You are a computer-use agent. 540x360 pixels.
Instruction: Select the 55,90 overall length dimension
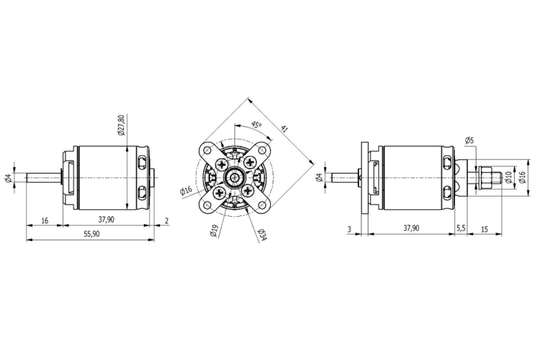91,234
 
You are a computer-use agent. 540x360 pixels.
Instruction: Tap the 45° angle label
256,125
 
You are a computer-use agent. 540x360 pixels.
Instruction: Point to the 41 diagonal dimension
284,129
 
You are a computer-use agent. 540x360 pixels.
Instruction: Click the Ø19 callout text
214,231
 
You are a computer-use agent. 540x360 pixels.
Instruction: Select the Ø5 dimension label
469,140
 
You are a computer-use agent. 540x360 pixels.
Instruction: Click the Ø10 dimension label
508,176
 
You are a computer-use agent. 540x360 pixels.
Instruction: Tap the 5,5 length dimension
461,228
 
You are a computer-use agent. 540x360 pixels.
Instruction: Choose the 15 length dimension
485,229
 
